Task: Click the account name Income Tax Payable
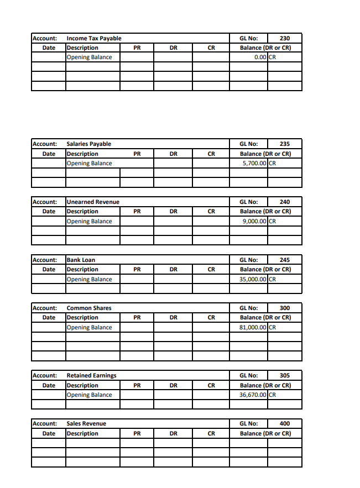pos(93,38)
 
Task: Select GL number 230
pos(284,38)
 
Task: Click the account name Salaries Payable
pos(88,144)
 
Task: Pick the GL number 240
pos(284,202)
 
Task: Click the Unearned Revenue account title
pos(92,202)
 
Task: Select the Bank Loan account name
pos(81,260)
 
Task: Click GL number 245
pos(284,260)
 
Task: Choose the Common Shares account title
pos(88,308)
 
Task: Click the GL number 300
pos(284,308)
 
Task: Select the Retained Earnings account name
pos(91,376)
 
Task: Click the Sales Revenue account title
pos(86,424)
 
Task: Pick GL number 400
pos(284,424)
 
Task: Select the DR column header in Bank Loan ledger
pos(173,270)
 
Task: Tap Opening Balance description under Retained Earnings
pos(89,395)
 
